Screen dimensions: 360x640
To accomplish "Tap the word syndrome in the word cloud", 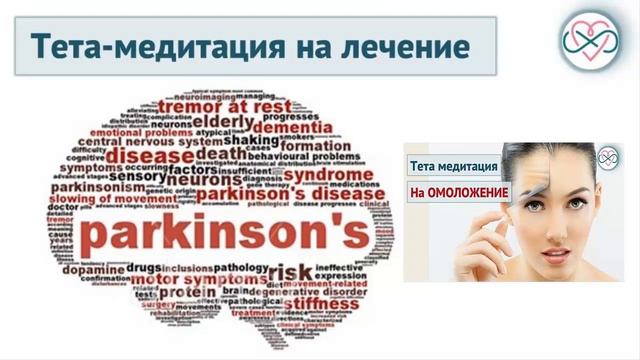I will (330, 174).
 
